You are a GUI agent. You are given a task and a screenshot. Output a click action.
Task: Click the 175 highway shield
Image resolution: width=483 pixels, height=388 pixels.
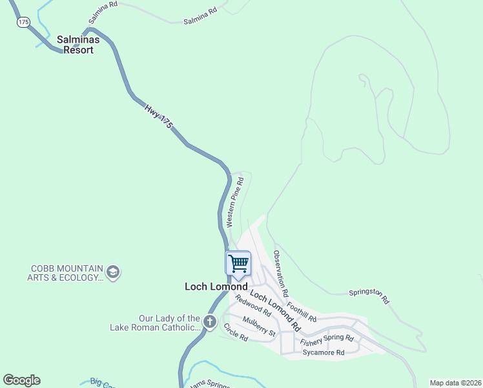[23, 22]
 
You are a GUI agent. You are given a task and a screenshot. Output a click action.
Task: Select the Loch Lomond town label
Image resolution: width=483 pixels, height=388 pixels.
[216, 286]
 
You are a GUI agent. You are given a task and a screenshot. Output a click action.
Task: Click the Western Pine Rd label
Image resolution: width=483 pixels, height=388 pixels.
[234, 202]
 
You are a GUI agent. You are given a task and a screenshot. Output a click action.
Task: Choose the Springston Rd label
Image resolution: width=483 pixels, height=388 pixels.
[369, 296]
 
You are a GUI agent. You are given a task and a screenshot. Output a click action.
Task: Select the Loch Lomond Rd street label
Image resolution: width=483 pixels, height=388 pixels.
[276, 308]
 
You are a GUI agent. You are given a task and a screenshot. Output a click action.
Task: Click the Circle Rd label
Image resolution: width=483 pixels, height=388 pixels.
[236, 332]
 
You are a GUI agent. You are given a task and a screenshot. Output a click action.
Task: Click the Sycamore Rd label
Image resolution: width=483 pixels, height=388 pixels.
[322, 352]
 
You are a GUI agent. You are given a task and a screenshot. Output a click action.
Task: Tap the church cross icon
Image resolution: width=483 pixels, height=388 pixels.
[209, 321]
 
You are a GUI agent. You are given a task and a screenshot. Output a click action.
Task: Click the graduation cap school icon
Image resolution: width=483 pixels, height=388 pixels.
[113, 272]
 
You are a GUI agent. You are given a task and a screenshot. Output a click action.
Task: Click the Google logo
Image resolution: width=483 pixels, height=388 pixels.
[21, 380]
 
